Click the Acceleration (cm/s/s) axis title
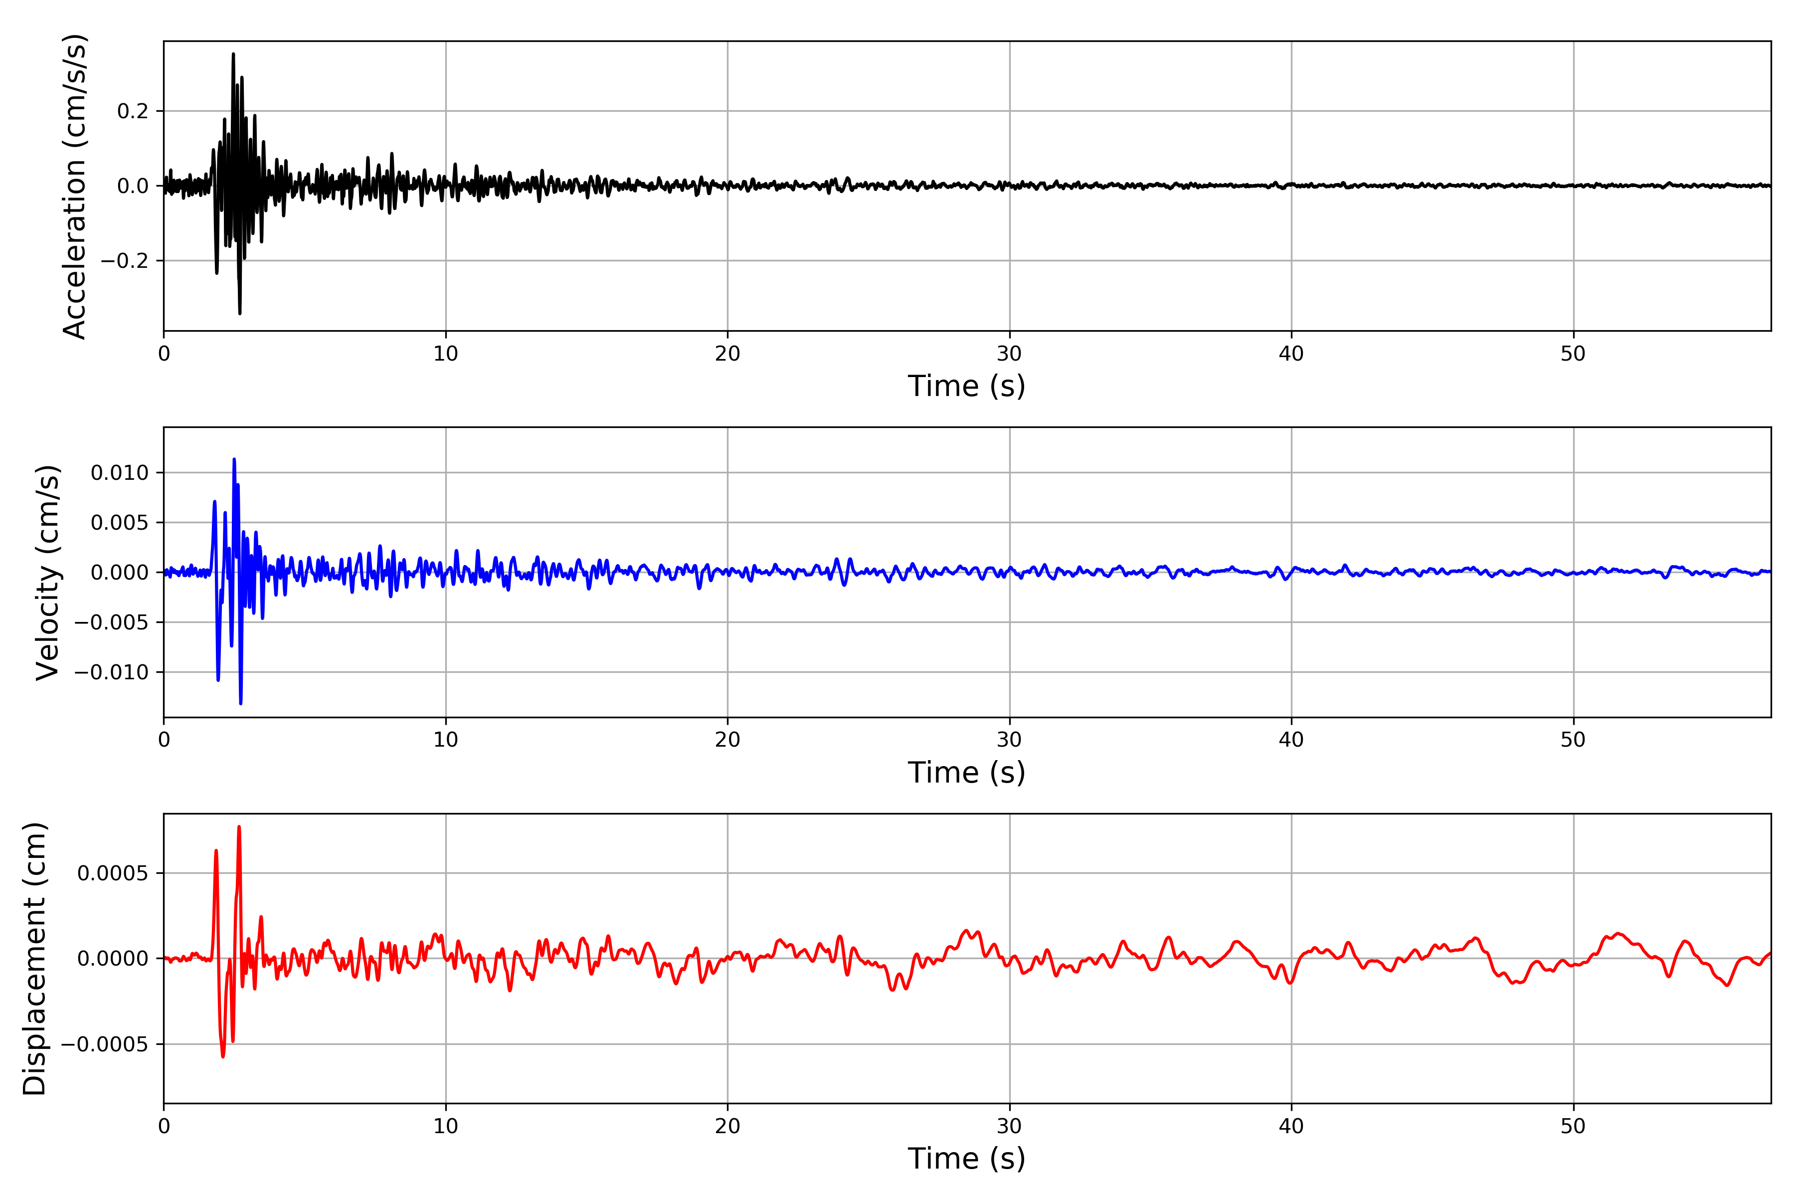[75, 186]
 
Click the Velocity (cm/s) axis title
[48, 573]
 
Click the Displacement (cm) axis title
[35, 959]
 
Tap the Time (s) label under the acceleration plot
[966, 386]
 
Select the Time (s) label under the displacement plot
[966, 1159]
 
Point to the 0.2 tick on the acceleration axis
[133, 111]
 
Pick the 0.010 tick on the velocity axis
[120, 473]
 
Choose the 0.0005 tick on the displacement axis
[113, 873]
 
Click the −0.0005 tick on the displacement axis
[105, 1044]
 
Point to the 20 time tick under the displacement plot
[727, 1127]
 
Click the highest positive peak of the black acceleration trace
[233, 53]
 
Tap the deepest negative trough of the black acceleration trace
[240, 314]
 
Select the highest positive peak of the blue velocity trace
[234, 459]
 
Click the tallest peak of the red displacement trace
[239, 826]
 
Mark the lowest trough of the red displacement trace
[223, 1056]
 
